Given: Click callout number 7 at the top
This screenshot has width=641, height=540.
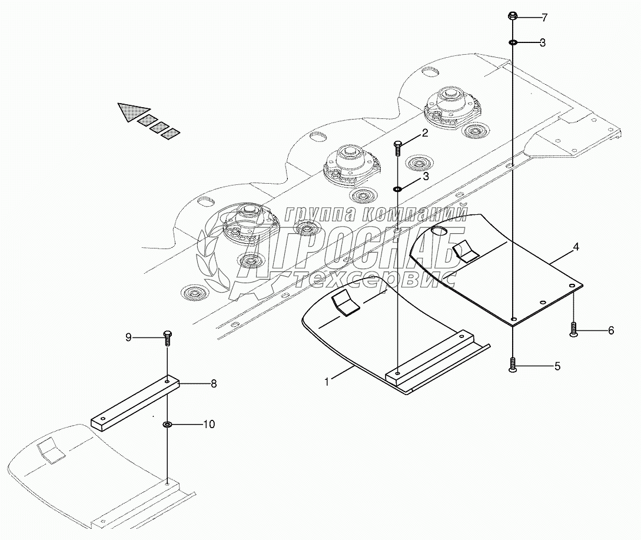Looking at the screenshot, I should pos(544,18).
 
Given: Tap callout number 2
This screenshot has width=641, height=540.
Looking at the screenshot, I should pos(424,134).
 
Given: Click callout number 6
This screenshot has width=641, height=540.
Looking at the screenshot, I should pos(610,330).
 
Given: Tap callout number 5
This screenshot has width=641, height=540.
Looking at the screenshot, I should pos(557,366).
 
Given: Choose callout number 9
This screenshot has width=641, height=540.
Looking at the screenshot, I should pos(128,337).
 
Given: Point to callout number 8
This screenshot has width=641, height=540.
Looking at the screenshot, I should pos(214,383).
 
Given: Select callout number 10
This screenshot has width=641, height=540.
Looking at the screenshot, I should pos(208,423).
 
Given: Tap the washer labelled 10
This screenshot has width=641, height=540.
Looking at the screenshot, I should pos(167,424).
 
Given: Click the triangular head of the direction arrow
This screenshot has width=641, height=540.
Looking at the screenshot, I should pos(130,111).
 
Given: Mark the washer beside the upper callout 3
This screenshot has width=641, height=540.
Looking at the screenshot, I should pos(513,42).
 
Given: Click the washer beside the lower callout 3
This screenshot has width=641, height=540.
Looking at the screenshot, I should pos(398,188).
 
